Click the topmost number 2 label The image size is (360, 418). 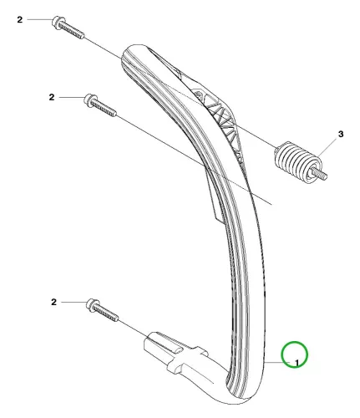[19, 20]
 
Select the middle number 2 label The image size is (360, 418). [52, 97]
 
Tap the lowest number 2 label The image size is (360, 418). [53, 302]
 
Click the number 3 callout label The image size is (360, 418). [341, 134]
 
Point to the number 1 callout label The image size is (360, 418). [297, 363]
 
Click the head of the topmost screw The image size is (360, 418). [58, 23]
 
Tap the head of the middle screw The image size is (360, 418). [90, 99]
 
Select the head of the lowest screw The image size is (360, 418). [92, 305]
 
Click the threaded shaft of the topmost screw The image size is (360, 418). [72, 31]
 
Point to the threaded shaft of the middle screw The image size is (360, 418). [104, 108]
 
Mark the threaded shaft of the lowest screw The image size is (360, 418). [106, 313]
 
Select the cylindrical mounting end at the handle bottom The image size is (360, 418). [173, 353]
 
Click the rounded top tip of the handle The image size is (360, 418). [136, 48]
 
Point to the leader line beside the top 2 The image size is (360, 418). [39, 20]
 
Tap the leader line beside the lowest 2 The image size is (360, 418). [74, 302]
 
